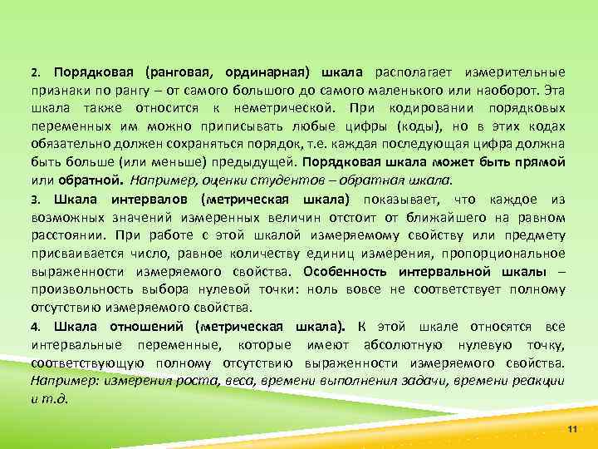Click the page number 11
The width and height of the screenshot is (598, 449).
(571, 427)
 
